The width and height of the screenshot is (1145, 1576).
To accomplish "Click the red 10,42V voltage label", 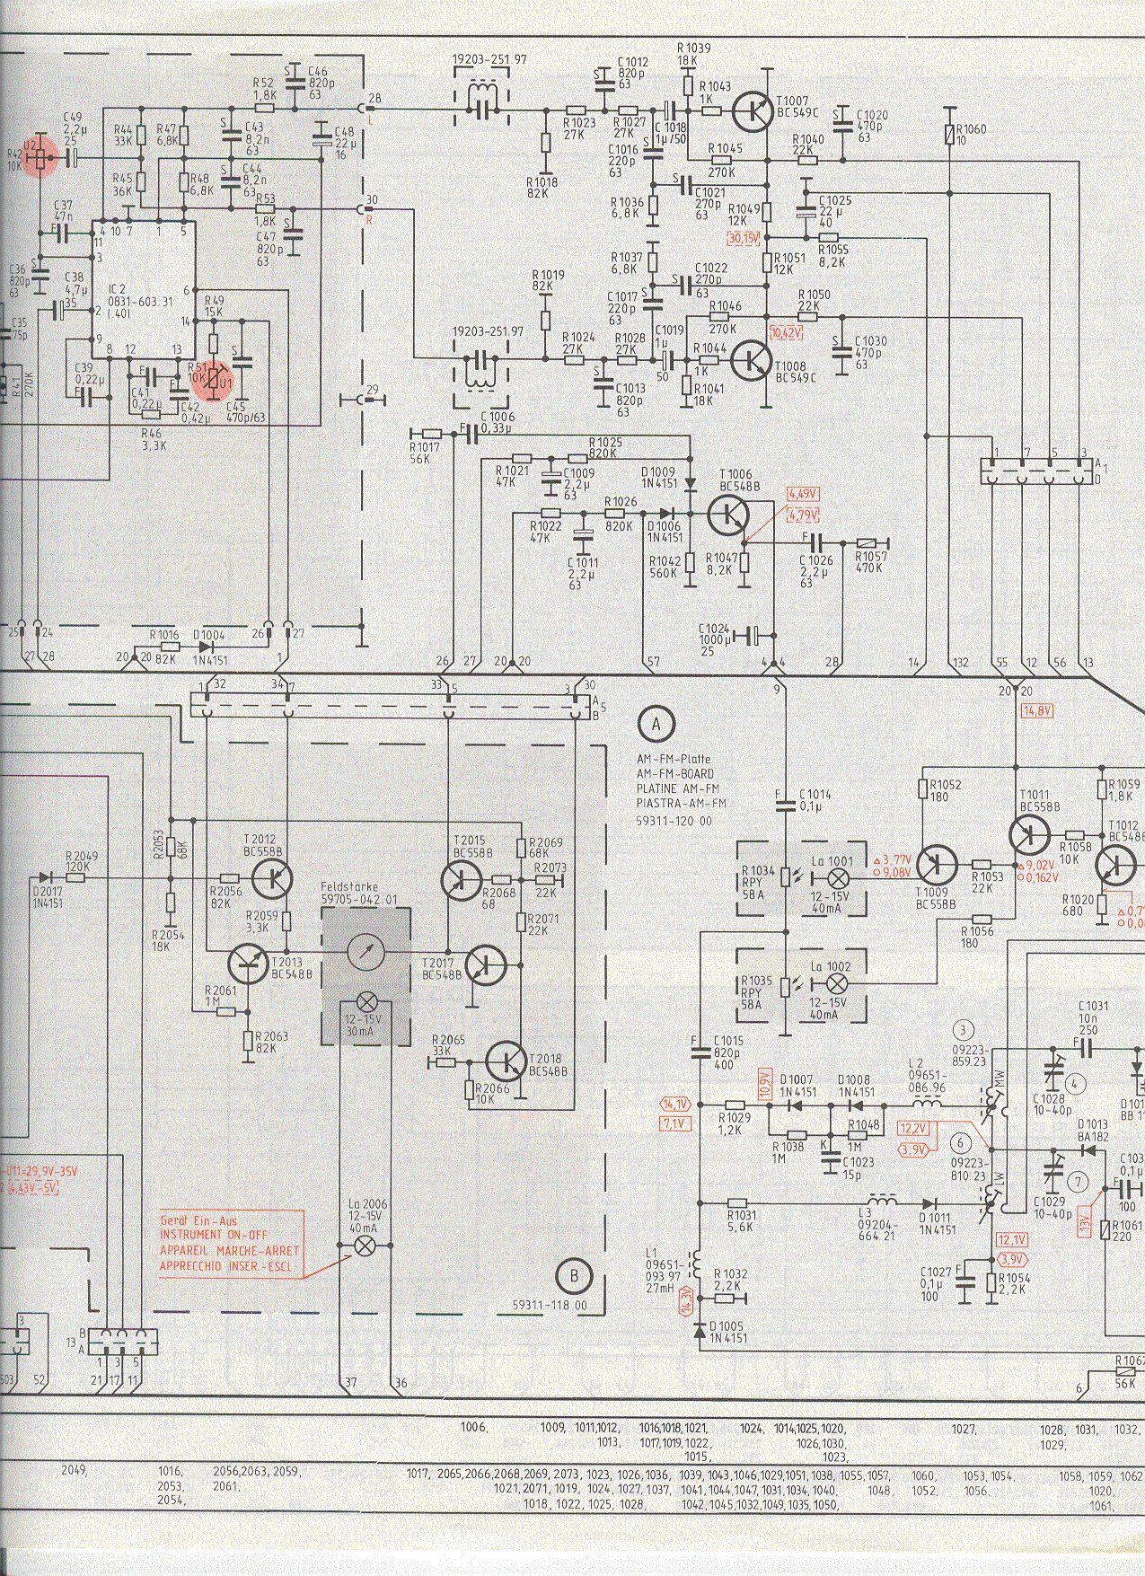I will click(786, 333).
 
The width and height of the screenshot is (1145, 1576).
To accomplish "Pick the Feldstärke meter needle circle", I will click(366, 952).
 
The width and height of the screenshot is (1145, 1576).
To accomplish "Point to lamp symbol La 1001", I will click(841, 878).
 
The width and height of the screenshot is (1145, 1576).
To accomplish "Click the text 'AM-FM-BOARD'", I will click(673, 774).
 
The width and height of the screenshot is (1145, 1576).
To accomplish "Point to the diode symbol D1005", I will click(700, 1329).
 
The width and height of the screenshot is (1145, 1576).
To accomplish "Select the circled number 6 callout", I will click(963, 1143).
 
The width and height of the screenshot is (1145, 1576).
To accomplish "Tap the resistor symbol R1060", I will click(951, 136).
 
